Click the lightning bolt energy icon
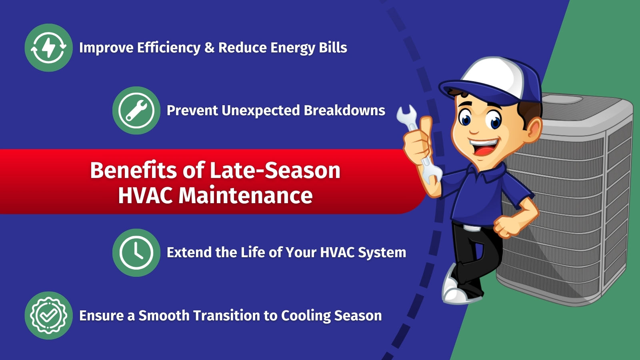point(48,48)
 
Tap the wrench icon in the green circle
point(136,110)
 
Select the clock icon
point(136,252)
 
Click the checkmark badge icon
point(48,316)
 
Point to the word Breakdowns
point(344,110)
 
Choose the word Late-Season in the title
point(275,170)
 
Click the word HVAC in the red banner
point(145,196)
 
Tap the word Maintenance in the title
point(246,196)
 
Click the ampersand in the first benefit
point(210,48)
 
